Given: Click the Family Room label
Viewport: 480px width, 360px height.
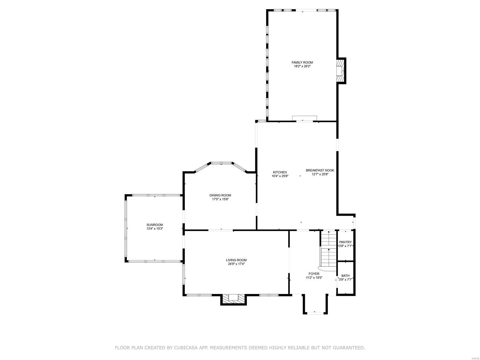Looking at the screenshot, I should [x=302, y=62].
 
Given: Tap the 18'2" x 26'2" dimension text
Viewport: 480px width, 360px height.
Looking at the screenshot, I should [x=302, y=66].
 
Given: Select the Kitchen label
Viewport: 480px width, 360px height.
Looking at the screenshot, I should [x=280, y=172].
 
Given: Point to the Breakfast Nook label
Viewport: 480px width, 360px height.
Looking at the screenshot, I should [x=320, y=170].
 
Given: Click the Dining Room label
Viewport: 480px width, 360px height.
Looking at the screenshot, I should [x=220, y=195].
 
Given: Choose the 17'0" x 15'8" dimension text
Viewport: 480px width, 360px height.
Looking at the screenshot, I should [x=220, y=199].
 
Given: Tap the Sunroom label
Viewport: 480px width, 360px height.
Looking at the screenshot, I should [x=154, y=225].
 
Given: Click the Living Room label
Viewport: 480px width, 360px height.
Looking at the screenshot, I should [x=236, y=260].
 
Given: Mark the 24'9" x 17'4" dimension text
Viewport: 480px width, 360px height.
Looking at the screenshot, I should [x=236, y=264].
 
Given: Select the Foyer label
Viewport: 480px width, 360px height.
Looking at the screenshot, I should [x=314, y=274].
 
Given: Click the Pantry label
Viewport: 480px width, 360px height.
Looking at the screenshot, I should [x=345, y=242].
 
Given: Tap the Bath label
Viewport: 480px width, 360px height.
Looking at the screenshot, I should [x=345, y=276].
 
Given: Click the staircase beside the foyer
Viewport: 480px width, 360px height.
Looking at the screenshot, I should [x=329, y=249].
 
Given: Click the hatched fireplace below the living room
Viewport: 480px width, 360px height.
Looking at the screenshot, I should [x=233, y=298].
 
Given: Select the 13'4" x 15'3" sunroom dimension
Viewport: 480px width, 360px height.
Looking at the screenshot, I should [x=154, y=229].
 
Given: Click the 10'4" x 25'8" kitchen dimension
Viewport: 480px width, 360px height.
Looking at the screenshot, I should [x=280, y=176].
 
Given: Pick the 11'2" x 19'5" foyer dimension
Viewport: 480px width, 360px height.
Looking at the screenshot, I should [x=314, y=278].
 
